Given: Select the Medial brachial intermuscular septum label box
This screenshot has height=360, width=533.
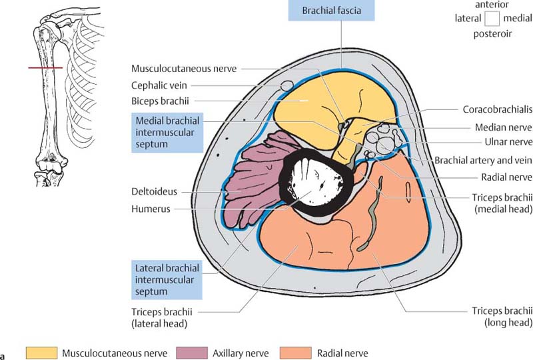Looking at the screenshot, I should [x=167, y=132].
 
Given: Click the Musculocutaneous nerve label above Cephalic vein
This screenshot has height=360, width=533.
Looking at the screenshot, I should [x=184, y=69].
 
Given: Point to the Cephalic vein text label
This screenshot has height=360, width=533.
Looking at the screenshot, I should [x=160, y=85].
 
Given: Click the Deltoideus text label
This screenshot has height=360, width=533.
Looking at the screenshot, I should [x=155, y=193].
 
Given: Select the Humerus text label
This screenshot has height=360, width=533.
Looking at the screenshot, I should [x=151, y=209].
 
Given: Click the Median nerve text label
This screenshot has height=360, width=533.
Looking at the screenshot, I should [x=503, y=127].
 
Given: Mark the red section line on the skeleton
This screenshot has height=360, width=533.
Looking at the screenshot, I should [x=45, y=68].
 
